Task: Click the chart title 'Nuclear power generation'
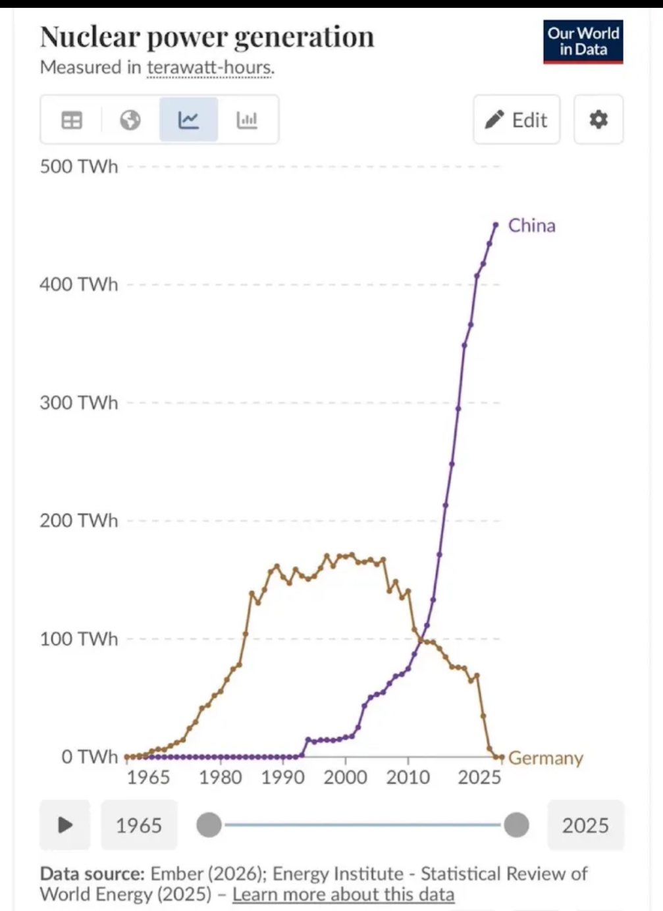tap(207, 38)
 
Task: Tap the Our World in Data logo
tap(583, 41)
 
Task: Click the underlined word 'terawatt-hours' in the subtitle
tap(209, 68)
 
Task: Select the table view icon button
tap(72, 120)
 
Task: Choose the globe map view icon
tap(130, 120)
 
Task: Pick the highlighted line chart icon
tap(188, 120)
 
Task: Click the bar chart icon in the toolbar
tap(247, 120)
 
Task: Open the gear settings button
tap(598, 120)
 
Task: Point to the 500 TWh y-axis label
tap(79, 167)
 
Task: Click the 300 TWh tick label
tap(79, 403)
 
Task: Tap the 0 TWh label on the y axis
tap(90, 757)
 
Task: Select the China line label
tap(531, 226)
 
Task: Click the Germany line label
tap(545, 758)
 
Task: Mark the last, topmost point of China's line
tap(496, 225)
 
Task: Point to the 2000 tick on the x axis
tap(345, 777)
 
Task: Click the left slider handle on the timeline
tap(209, 825)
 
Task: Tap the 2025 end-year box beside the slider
tap(585, 825)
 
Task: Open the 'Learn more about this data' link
tap(343, 895)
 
